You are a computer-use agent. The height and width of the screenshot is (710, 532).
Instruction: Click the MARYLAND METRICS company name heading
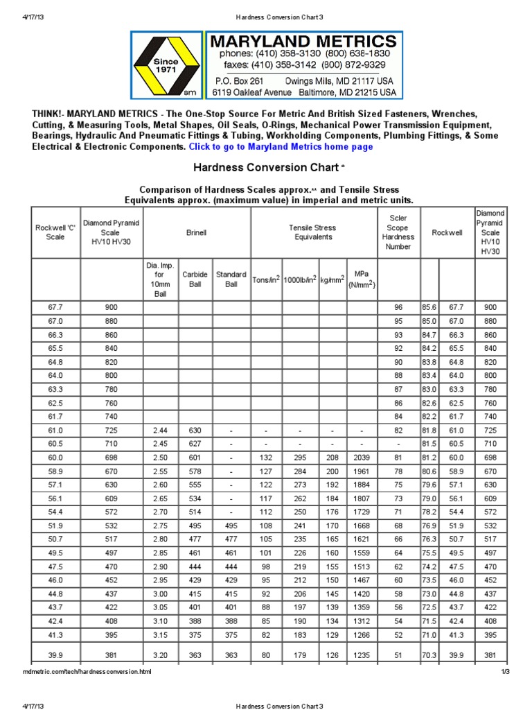tap(303, 41)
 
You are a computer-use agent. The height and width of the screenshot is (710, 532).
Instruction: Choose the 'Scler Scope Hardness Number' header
tap(398, 232)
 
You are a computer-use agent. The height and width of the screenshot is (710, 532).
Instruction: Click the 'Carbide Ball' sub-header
tap(195, 279)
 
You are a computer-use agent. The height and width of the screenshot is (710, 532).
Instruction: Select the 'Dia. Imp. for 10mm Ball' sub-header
tap(160, 279)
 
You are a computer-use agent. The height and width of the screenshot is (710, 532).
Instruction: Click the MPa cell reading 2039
tap(361, 458)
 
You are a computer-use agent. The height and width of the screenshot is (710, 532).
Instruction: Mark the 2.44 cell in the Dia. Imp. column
tap(160, 431)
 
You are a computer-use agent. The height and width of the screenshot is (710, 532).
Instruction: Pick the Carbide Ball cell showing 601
tap(195, 458)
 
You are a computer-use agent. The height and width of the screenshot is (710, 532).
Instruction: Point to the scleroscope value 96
tap(398, 307)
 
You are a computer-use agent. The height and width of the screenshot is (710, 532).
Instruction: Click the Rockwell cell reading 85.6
tap(429, 307)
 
